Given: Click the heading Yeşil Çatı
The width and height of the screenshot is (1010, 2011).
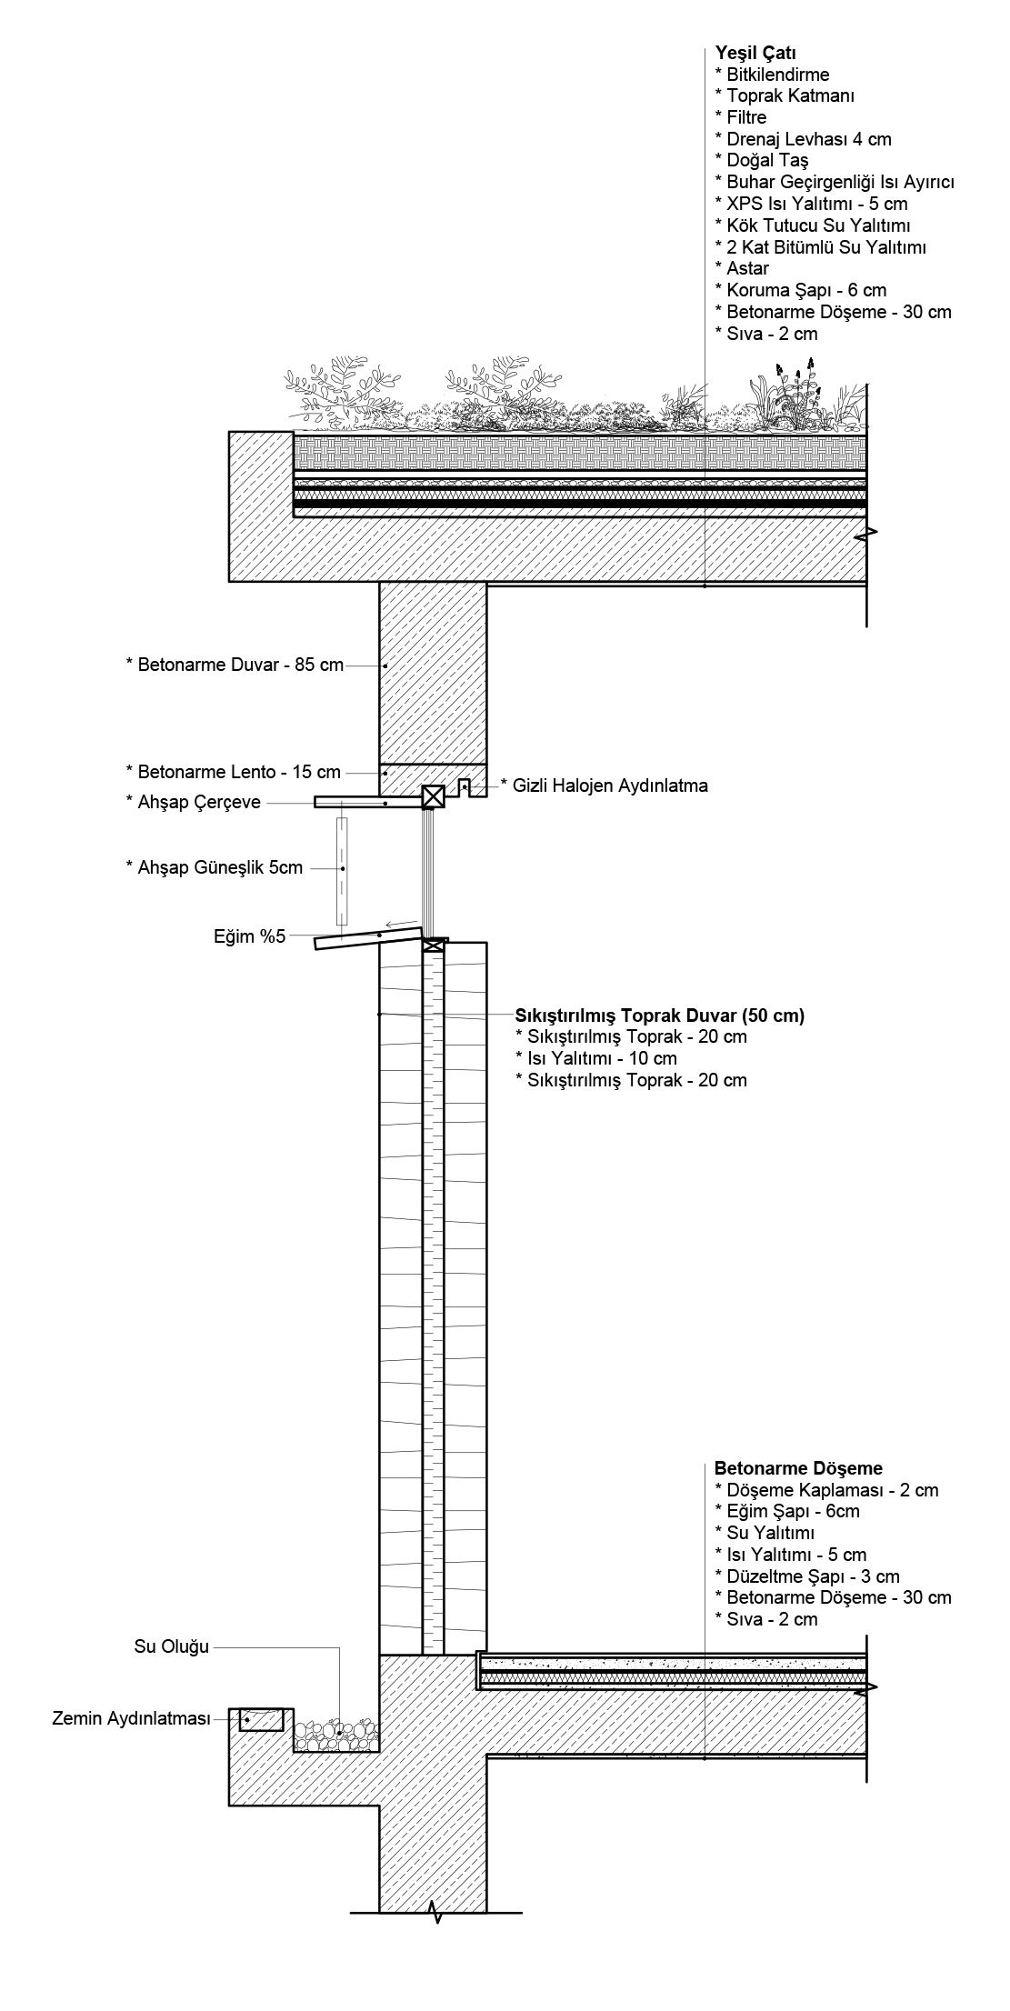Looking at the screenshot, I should pyautogui.click(x=743, y=53).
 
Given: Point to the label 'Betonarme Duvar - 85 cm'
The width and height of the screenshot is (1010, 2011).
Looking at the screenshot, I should pyautogui.click(x=235, y=665).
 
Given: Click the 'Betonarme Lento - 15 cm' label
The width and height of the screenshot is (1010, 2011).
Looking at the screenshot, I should pyautogui.click(x=233, y=772).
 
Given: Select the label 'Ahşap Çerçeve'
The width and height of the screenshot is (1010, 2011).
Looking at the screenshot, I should pyautogui.click(x=193, y=802).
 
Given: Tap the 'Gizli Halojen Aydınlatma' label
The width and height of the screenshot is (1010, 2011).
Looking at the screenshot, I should pyautogui.click(x=604, y=785).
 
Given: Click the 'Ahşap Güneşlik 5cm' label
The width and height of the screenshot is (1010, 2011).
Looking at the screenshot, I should pyautogui.click(x=214, y=867).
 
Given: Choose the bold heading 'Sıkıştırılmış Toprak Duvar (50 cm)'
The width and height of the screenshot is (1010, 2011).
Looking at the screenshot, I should pyautogui.click(x=660, y=1016).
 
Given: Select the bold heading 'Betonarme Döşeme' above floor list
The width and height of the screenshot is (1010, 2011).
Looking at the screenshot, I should pyautogui.click(x=798, y=1468).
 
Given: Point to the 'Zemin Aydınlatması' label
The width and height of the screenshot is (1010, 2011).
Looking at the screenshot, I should pyautogui.click(x=131, y=1719).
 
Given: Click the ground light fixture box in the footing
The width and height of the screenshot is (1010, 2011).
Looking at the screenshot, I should pyautogui.click(x=261, y=1719).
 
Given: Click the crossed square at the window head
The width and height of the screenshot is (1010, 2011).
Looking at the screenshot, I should pyautogui.click(x=433, y=797).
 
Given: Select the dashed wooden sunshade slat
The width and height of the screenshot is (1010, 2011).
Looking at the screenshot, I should pyautogui.click(x=343, y=869).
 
